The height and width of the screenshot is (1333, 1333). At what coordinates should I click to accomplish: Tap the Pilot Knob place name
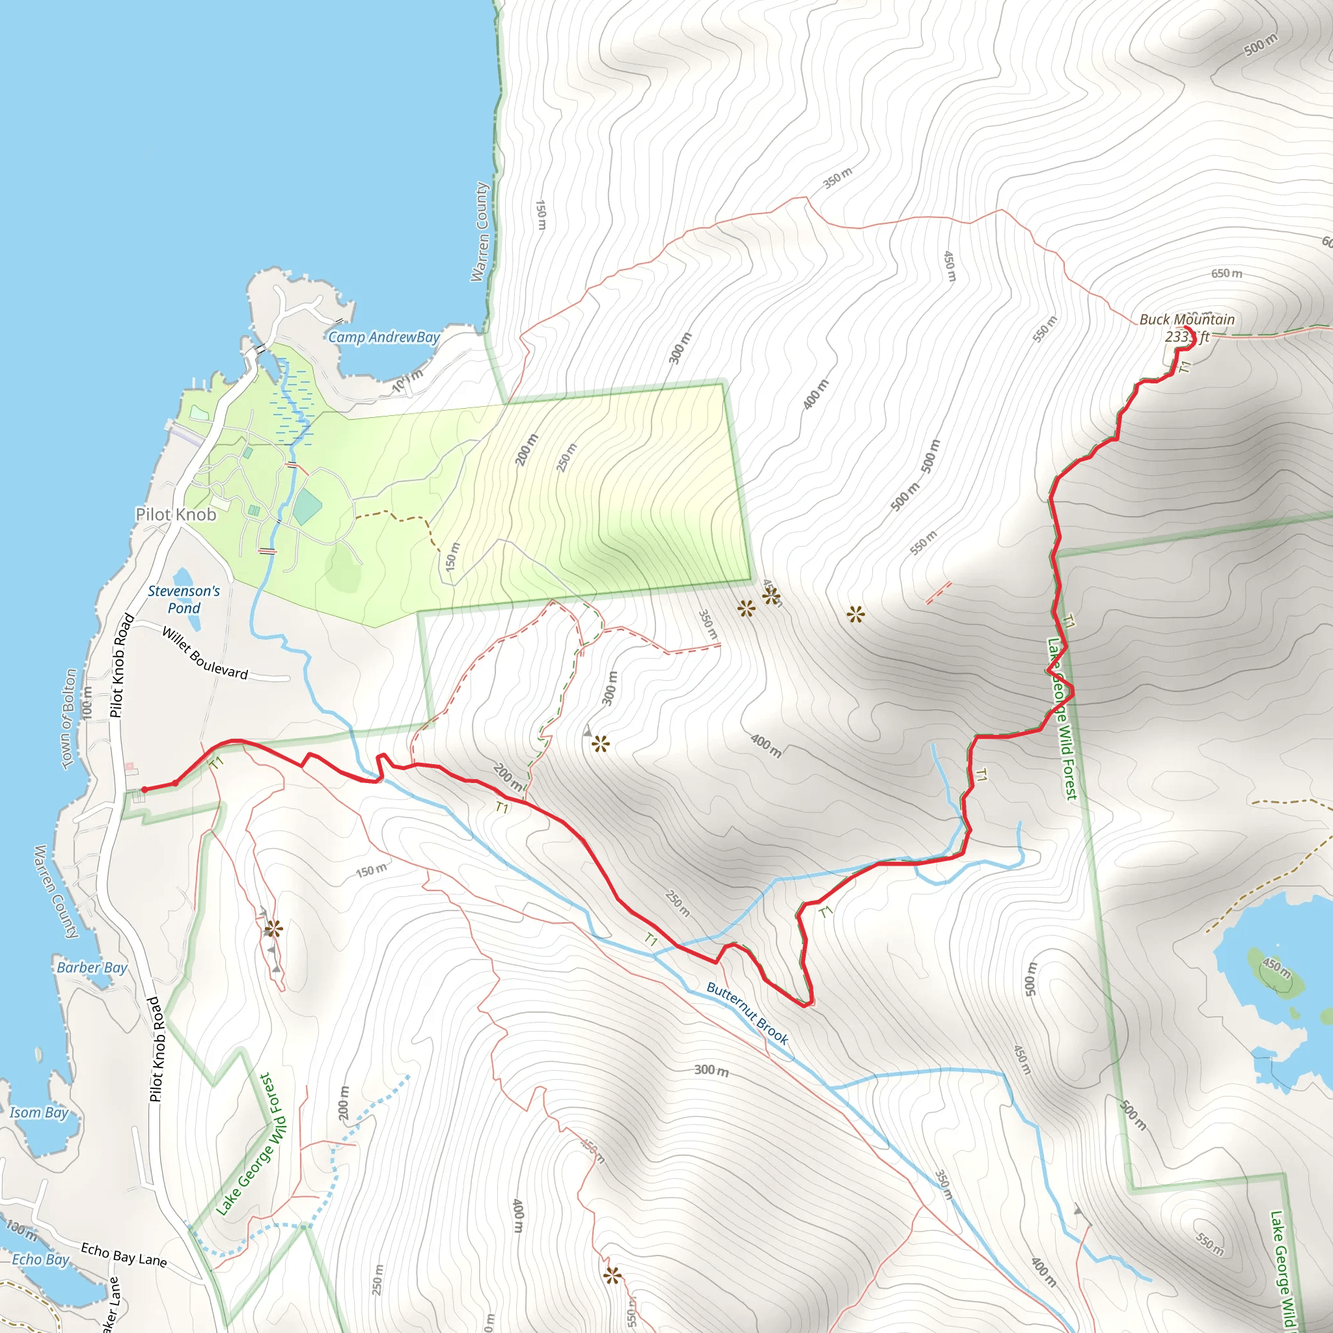(x=176, y=515)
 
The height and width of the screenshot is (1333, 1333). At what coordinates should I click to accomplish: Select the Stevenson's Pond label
(x=184, y=599)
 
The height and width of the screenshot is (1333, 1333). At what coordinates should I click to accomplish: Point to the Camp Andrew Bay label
(x=383, y=337)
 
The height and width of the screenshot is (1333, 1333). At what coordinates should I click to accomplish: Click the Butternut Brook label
(x=747, y=1013)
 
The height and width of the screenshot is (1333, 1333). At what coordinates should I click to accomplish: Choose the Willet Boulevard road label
(x=205, y=653)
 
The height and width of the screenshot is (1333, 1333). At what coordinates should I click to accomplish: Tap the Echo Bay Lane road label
(x=124, y=1254)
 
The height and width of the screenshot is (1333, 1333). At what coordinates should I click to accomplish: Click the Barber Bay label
(x=92, y=967)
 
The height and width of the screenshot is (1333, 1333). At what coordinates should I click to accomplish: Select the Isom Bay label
(x=38, y=1112)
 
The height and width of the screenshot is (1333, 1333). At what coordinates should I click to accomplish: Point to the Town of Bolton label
(x=69, y=717)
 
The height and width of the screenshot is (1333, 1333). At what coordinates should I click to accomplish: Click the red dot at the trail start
(x=144, y=790)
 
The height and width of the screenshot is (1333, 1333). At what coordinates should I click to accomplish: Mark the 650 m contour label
(x=1227, y=274)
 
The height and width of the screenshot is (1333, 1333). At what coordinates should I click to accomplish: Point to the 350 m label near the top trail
(x=838, y=178)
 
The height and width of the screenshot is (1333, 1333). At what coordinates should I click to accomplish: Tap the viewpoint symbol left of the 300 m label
(x=600, y=744)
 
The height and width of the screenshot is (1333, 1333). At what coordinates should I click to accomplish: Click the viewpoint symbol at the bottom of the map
(x=612, y=1275)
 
